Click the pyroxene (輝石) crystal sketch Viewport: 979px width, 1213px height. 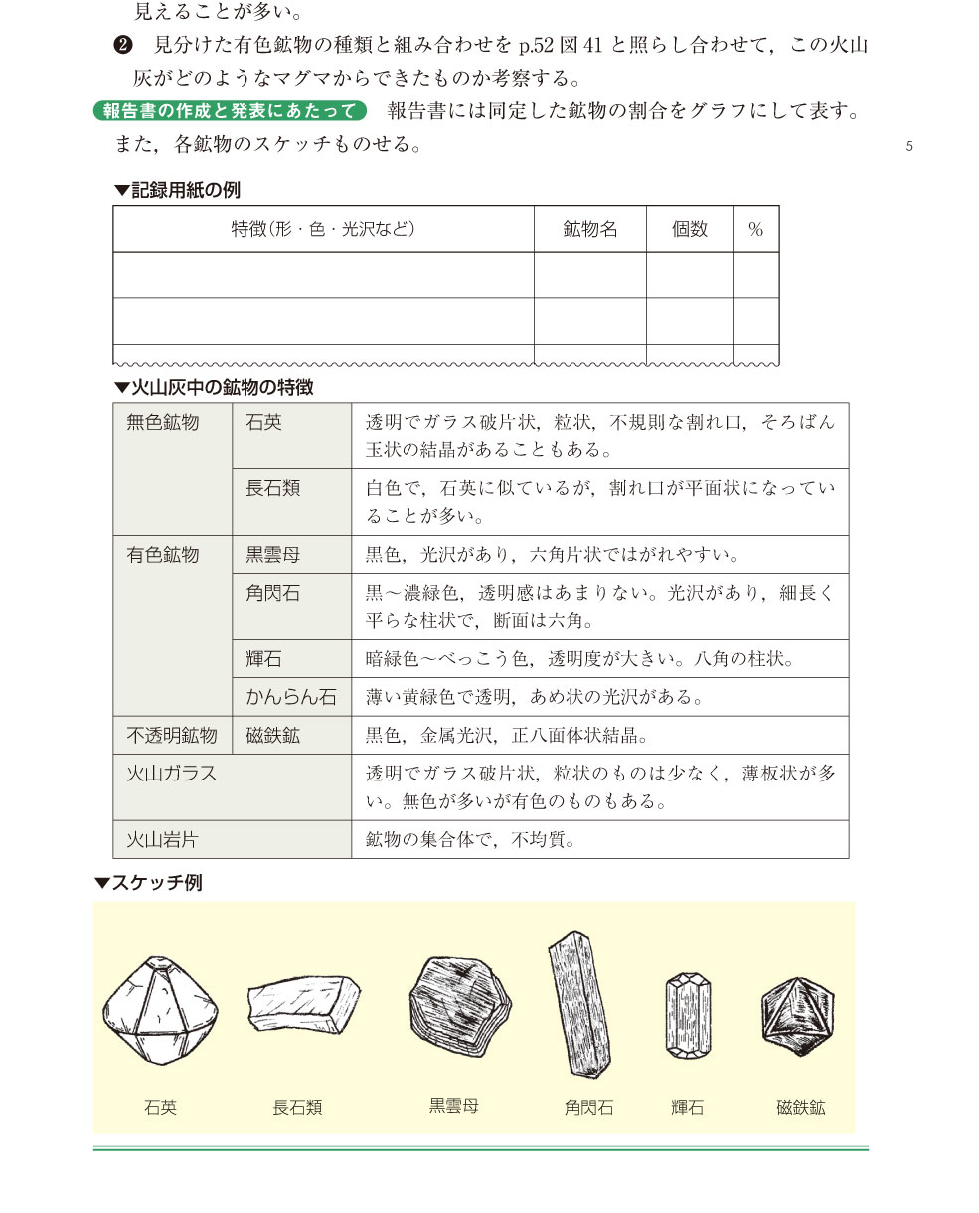pyautogui.click(x=688, y=1014)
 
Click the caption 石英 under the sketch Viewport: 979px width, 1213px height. pyautogui.click(x=160, y=1106)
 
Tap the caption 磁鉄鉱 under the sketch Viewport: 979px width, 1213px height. pyautogui.click(x=801, y=1106)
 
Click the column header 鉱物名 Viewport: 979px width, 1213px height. pyautogui.click(x=589, y=229)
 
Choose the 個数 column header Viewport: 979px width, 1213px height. pyautogui.click(x=689, y=229)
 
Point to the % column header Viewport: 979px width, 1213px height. pyautogui.click(x=755, y=229)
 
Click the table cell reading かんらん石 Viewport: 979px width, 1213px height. pyautogui.click(x=291, y=697)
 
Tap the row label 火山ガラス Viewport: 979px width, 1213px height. pyautogui.click(x=171, y=774)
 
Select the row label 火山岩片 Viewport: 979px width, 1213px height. pyautogui.click(x=162, y=839)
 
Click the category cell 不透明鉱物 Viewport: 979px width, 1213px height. pyautogui.click(x=171, y=736)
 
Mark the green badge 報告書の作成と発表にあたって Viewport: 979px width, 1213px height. pyautogui.click(x=230, y=110)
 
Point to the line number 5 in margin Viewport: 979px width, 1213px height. pyautogui.click(x=909, y=147)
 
